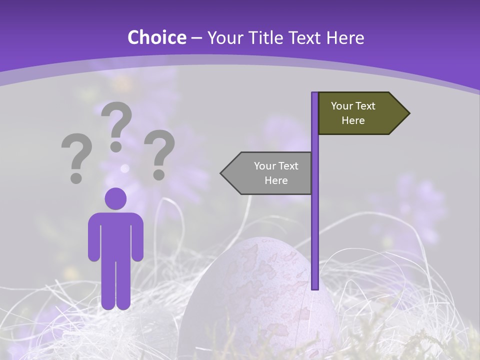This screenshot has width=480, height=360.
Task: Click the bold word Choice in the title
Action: coord(156,37)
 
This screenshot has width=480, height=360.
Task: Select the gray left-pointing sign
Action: coord(270,173)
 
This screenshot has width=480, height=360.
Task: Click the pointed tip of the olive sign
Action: coord(408,113)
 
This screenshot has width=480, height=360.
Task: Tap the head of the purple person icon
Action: coord(115,198)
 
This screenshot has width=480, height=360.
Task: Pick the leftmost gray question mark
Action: coord(76,157)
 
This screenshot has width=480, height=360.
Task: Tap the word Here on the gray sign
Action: coord(276,180)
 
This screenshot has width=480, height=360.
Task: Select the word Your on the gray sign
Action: coord(265,166)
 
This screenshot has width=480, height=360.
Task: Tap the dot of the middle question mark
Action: coord(116,146)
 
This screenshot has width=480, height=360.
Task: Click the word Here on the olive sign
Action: coord(353,120)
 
